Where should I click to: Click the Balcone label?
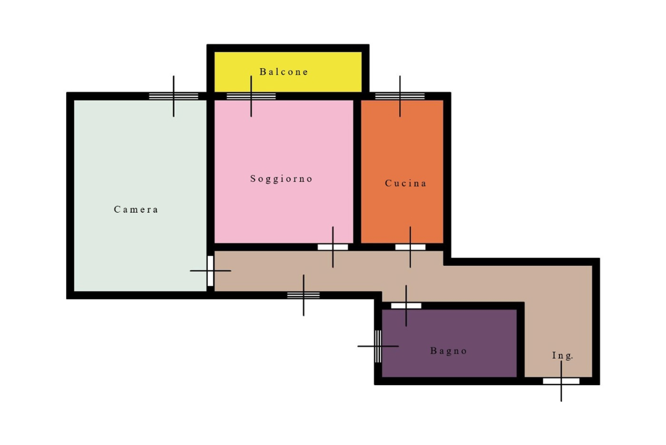click(283, 72)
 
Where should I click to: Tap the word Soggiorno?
click(281, 179)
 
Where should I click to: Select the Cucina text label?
click(405, 184)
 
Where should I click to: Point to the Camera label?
click(136, 209)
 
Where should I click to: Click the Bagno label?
click(449, 351)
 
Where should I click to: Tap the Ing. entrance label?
click(563, 355)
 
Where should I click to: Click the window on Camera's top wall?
click(173, 96)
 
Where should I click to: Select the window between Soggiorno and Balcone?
click(251, 96)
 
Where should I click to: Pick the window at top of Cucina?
click(400, 96)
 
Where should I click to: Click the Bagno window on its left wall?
click(378, 346)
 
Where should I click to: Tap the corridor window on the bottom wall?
click(303, 295)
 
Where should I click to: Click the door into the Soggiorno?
click(332, 247)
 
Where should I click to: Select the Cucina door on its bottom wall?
click(410, 247)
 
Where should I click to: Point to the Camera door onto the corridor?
click(210, 271)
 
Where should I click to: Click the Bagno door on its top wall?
click(406, 305)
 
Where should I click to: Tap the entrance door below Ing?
click(561, 381)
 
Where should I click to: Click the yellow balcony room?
click(288, 72)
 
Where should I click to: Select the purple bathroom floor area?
click(449, 343)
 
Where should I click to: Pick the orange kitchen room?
click(402, 171)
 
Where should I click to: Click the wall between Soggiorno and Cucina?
click(357, 171)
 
